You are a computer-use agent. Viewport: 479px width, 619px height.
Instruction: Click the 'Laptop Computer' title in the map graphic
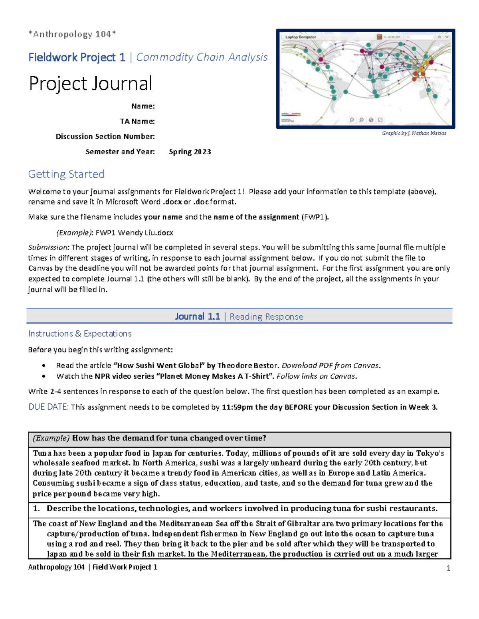coord(301,37)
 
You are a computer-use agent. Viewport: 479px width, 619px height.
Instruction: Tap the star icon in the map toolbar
coord(439,37)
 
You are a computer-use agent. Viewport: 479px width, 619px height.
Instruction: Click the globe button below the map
coord(371,120)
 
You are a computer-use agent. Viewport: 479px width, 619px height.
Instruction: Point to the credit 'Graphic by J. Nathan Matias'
coord(414,133)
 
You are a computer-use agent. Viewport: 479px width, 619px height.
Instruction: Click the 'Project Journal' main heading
coord(90,84)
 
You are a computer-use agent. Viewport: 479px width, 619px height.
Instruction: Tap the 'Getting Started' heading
coord(66,174)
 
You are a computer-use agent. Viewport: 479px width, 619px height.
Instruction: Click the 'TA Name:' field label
coord(137,121)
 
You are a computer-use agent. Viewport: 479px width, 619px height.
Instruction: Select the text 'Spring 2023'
coord(190,152)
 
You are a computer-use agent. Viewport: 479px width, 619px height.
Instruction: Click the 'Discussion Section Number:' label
coord(105,136)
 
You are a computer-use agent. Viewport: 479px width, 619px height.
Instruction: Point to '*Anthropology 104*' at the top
coord(72,34)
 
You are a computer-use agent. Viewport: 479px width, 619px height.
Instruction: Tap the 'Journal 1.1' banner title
coord(197,316)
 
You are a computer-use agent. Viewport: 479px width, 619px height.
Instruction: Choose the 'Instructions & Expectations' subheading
coord(80,334)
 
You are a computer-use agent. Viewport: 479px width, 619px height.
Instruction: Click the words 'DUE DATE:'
coord(48,407)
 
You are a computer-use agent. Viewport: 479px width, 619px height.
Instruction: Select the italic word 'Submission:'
coord(49,248)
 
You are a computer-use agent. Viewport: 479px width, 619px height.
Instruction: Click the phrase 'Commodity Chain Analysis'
coord(202,57)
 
